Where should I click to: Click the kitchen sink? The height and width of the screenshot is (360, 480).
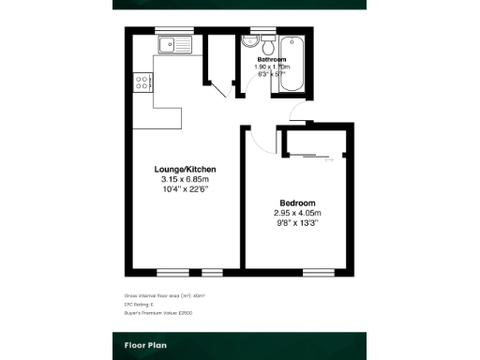coord(175,44)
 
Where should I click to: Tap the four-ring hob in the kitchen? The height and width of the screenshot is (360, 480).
coord(143,82)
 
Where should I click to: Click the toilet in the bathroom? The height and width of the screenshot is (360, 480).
coord(268,46)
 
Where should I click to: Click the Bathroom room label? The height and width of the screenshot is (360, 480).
coord(273,60)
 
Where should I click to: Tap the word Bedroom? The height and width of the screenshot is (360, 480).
coord(297,203)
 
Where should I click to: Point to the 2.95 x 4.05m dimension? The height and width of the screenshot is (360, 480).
coord(297,214)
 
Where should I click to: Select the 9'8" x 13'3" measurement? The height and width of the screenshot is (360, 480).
coord(297,224)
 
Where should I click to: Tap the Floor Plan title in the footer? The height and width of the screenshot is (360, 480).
coord(145,345)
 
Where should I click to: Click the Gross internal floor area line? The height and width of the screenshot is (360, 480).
coord(164,295)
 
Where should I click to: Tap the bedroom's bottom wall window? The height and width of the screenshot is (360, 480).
coord(315,272)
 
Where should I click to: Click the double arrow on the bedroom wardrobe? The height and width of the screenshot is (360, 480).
coord(328,160)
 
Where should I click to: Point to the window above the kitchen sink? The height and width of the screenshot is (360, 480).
coord(169,31)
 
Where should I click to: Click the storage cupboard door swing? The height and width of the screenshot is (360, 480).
coord(222,86)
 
